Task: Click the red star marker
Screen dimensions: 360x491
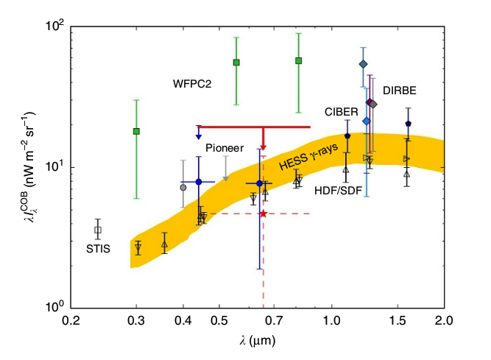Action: (x=263, y=213)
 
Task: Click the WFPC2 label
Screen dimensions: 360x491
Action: (x=192, y=84)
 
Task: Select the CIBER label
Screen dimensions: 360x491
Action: (x=341, y=111)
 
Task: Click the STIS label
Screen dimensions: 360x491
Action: (x=98, y=249)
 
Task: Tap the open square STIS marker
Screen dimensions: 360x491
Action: (x=98, y=230)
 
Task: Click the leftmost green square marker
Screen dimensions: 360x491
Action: (x=136, y=131)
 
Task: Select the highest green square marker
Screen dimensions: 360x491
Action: (x=299, y=60)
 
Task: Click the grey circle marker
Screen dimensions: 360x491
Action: (x=183, y=187)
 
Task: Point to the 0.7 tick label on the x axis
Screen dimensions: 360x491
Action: (x=274, y=321)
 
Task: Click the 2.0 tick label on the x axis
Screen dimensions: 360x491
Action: (x=443, y=321)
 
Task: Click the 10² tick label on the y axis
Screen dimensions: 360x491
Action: (x=56, y=27)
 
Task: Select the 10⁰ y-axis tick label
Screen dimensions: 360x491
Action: (x=56, y=307)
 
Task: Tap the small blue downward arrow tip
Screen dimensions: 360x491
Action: (x=199, y=137)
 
